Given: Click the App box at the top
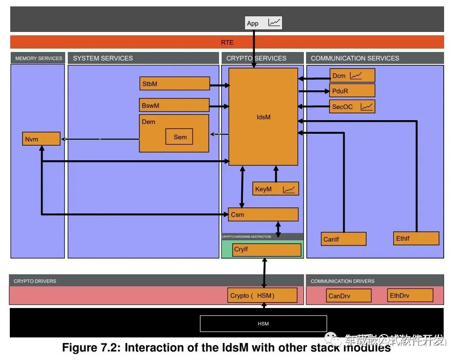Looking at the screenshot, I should tap(263, 23).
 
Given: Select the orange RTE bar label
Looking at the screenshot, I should tap(227, 42).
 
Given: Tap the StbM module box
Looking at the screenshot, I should tap(174, 84).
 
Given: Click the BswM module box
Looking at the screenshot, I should tap(174, 105).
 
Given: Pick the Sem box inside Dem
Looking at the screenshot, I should tap(179, 137).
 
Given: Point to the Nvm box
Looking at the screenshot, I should tap(41, 139).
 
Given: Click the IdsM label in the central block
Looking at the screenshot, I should tap(263, 117).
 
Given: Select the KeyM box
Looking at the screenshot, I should tap(275, 189).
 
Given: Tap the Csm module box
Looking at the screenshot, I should tap(263, 214).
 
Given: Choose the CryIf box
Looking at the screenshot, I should tap(267, 250).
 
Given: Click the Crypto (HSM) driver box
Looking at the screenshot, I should tap(262, 296).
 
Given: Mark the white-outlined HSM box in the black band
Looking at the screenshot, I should tap(263, 324).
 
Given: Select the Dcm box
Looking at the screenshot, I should tap(352, 76).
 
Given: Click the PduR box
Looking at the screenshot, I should tap(352, 91).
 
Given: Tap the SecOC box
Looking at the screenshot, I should tap(352, 107).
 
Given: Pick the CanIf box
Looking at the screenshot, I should tap(343, 239).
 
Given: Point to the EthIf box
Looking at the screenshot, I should tap(416, 238).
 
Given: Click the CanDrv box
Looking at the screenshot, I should tap(348, 296).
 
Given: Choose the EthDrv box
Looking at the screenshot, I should tap(410, 295).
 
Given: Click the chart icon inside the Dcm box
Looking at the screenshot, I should tap(356, 76).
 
